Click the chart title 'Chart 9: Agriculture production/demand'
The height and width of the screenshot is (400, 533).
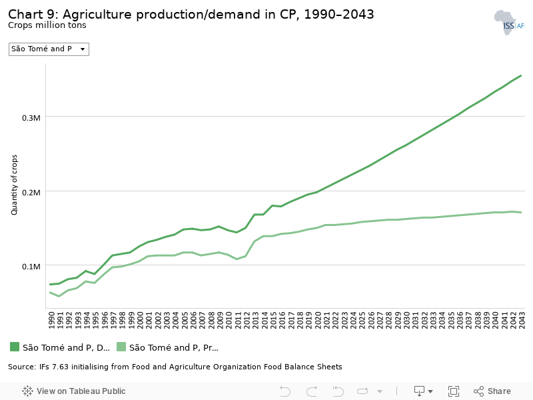point(191,14)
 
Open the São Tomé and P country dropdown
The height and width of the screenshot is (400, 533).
point(49,49)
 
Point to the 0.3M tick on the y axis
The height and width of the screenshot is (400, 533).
point(32,117)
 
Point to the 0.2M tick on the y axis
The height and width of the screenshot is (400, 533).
point(32,192)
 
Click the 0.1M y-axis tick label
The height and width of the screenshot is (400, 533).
point(32,266)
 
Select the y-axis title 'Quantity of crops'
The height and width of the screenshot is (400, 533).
point(14,184)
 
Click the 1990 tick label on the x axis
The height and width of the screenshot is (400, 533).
point(51,319)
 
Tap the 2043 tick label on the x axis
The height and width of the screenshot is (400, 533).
point(522,319)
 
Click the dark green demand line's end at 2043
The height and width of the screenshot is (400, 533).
point(521,75)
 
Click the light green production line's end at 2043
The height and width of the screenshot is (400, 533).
point(521,212)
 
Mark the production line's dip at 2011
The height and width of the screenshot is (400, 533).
point(237,259)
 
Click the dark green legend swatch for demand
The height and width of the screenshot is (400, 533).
point(15,347)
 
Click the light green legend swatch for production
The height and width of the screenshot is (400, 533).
point(121,347)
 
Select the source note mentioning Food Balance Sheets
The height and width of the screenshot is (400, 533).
point(175,367)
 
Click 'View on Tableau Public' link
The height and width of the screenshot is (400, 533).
point(74,391)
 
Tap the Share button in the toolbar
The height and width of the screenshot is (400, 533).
point(492,391)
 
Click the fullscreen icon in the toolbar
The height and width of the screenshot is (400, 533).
point(454,391)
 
